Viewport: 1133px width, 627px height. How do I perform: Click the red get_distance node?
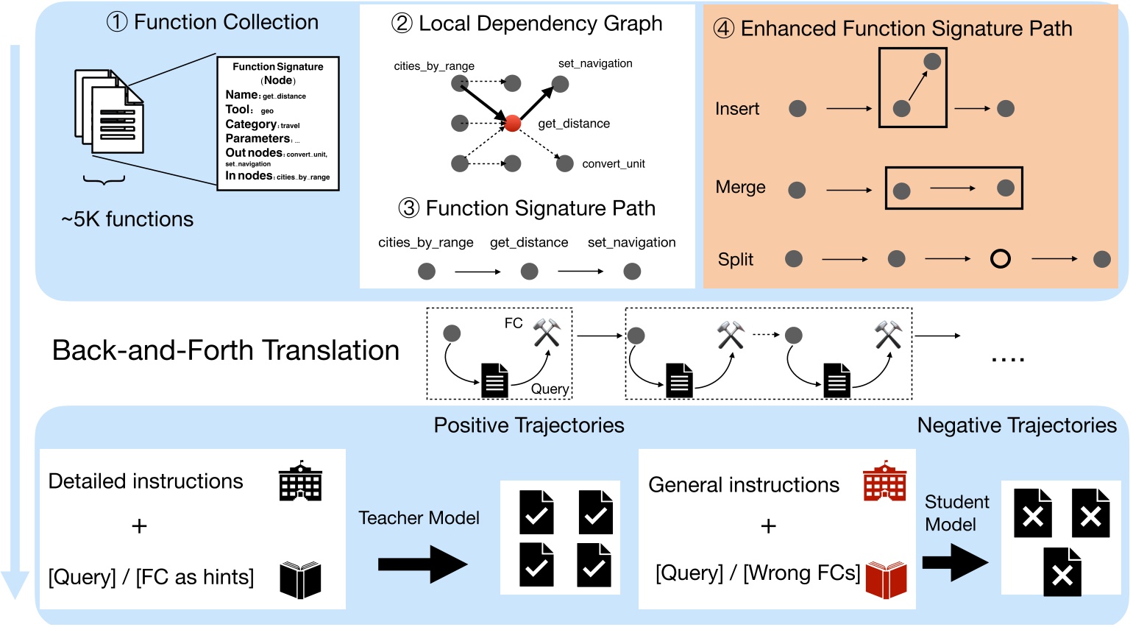tap(513, 124)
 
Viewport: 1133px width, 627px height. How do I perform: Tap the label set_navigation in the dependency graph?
tap(595, 63)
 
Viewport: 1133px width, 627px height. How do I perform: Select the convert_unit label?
tap(613, 163)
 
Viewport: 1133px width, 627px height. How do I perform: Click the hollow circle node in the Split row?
tap(1000, 259)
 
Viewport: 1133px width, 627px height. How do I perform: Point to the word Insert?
tap(736, 109)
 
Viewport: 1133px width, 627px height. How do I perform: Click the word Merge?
tap(740, 188)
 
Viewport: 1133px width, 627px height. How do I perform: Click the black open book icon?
tap(300, 579)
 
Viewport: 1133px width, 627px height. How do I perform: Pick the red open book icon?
tap(886, 579)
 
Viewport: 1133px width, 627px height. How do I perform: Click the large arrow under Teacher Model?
tap(422, 564)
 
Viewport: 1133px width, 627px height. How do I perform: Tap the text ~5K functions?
tap(127, 219)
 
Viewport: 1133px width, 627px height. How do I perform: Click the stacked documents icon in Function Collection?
tap(109, 112)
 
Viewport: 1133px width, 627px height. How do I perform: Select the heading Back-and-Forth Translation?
tap(225, 350)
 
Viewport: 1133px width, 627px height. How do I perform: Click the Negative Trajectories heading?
tap(1016, 425)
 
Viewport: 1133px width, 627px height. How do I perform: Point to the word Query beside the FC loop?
tap(550, 389)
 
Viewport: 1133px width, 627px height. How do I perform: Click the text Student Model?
tap(956, 513)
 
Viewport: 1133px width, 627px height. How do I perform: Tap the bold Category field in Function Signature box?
tap(251, 124)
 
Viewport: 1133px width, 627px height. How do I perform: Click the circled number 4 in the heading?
tap(724, 29)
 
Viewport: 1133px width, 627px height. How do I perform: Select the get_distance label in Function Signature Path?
tap(529, 242)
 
